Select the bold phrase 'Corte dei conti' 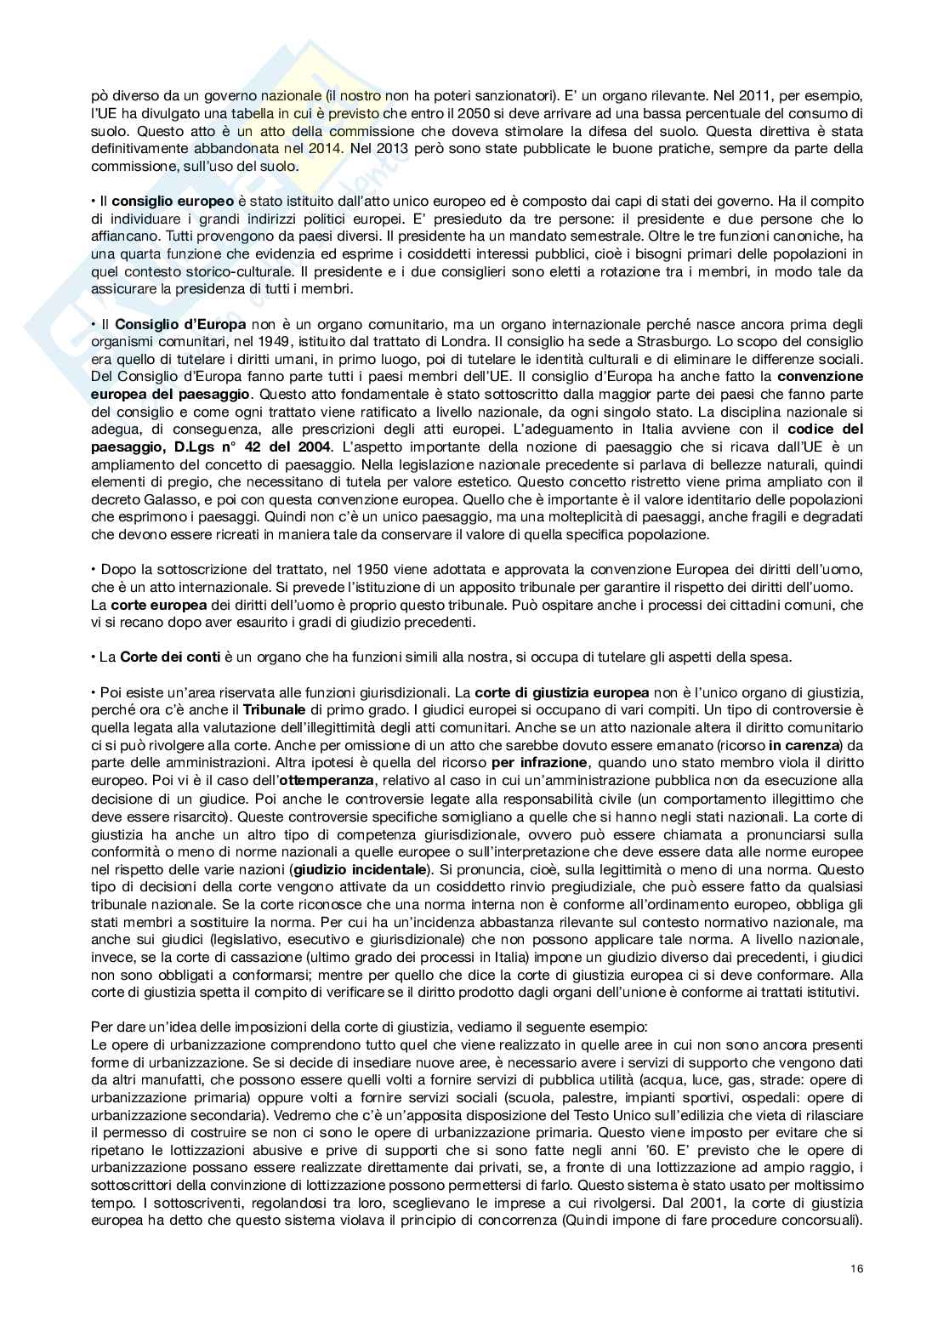pyautogui.click(x=170, y=657)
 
